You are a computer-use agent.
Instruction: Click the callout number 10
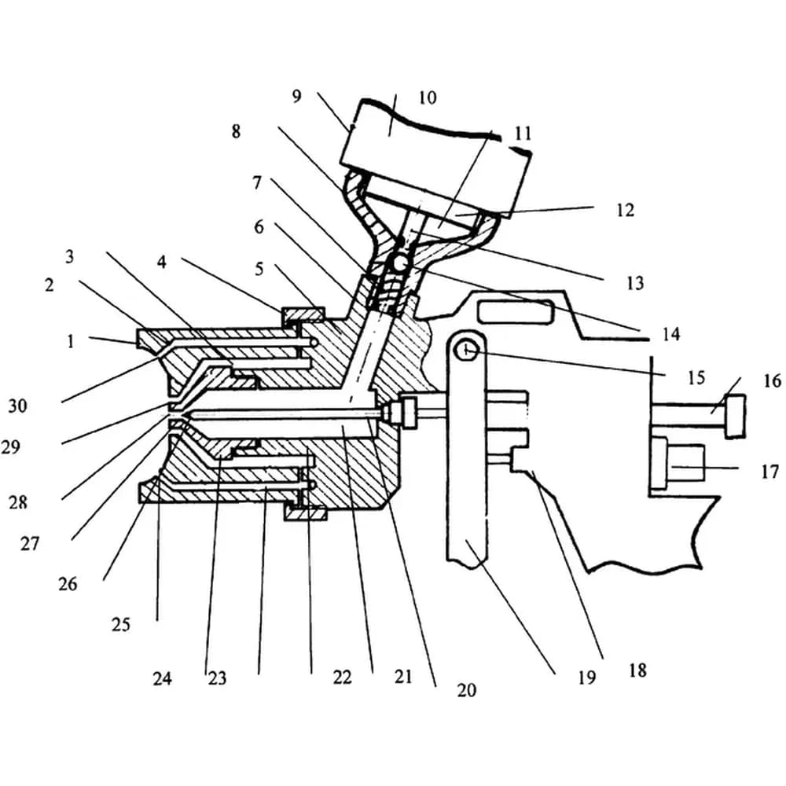point(428,97)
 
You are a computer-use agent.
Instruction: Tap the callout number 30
point(17,406)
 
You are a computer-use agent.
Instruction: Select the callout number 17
point(769,472)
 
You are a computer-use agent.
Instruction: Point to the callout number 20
point(466,690)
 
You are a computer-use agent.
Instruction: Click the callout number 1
point(71,341)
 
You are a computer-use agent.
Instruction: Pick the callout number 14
point(670,334)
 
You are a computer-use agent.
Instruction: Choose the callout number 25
point(121,625)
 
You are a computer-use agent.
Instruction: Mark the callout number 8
point(236,131)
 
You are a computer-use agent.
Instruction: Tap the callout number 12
point(625,210)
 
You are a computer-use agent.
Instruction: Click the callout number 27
point(30,543)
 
